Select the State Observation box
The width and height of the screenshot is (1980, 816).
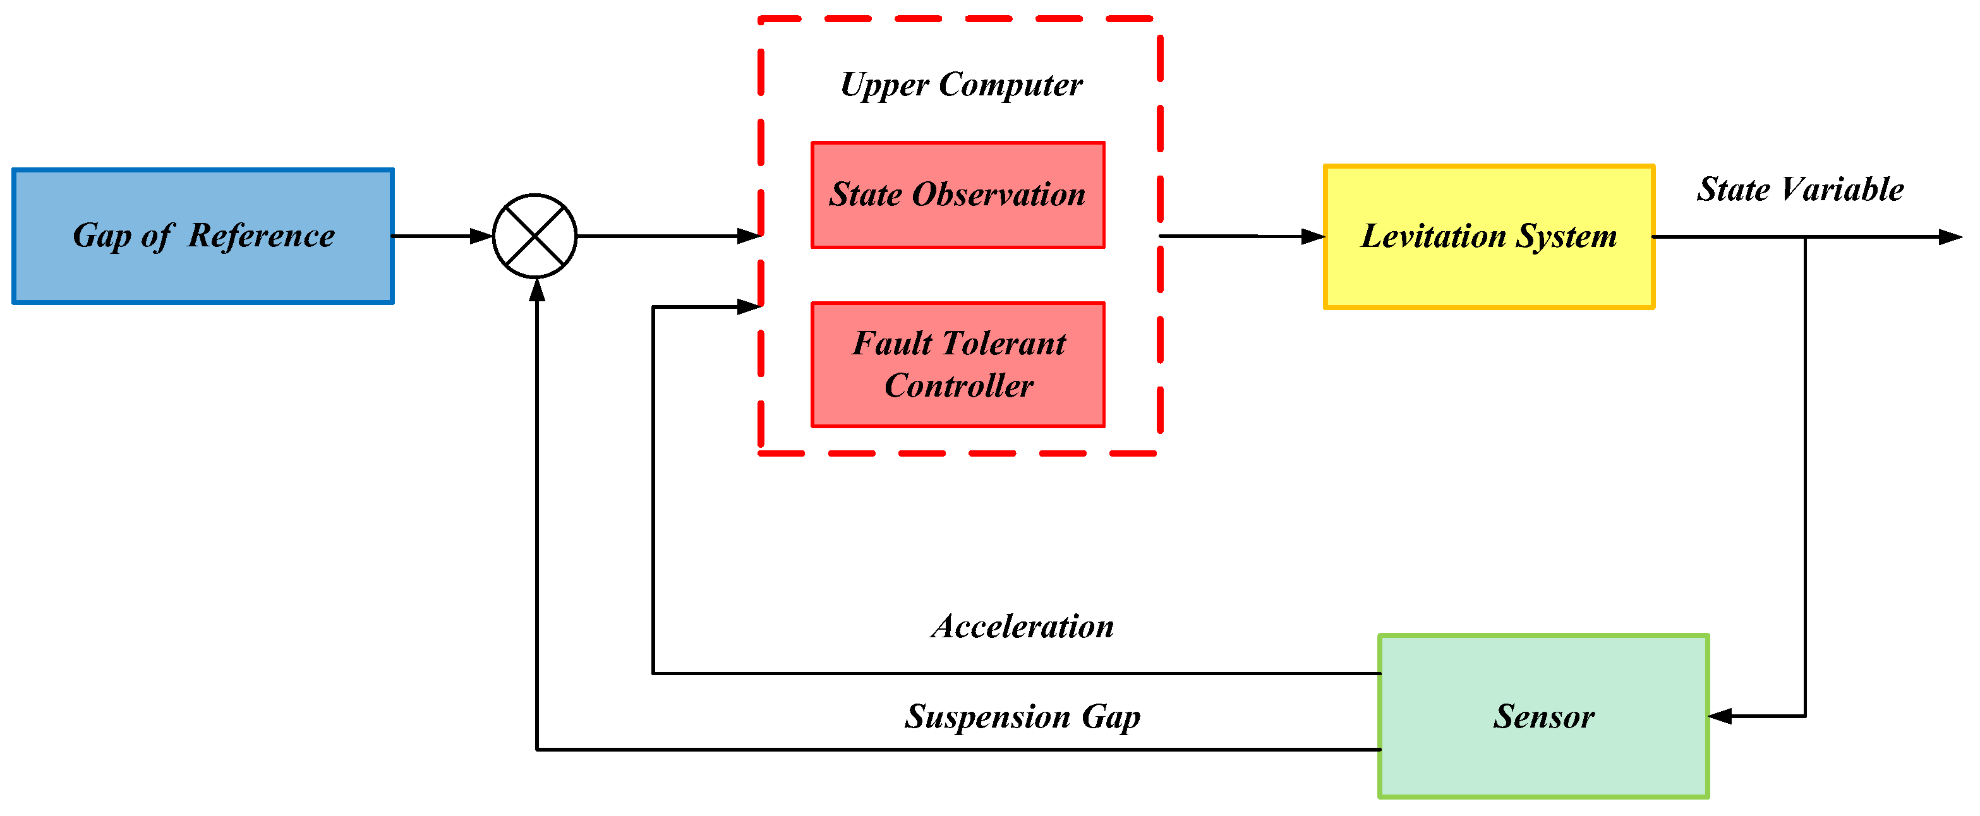coord(958,195)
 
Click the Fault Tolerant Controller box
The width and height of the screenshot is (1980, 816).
coord(958,365)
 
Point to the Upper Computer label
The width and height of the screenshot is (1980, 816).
coord(962,85)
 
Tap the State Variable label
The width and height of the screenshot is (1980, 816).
coord(1800,189)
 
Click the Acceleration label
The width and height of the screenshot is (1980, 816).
coord(1023,627)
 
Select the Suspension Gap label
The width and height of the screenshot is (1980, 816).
coord(1022,717)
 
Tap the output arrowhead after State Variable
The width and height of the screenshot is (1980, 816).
coord(1951,237)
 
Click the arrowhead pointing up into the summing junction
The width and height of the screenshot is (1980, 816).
coord(537,291)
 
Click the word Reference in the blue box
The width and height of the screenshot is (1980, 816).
coord(262,236)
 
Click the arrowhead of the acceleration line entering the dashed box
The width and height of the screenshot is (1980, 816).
coord(749,308)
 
